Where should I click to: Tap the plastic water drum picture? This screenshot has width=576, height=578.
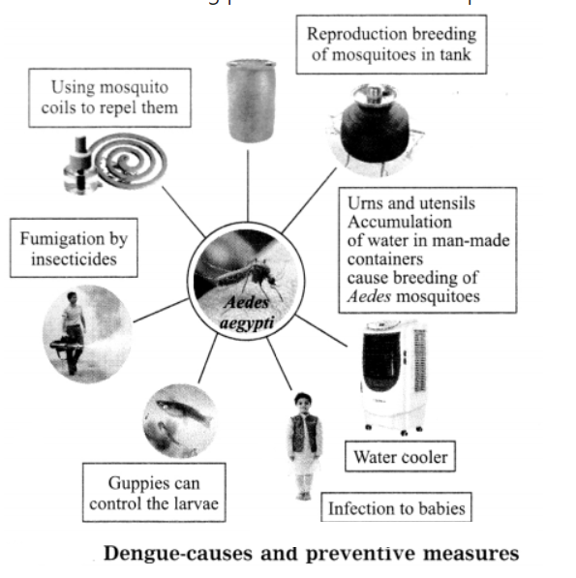click(251, 101)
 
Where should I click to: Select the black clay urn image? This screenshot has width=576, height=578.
click(376, 130)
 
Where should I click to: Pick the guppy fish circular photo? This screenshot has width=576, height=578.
click(180, 421)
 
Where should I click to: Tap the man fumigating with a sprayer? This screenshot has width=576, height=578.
click(73, 332)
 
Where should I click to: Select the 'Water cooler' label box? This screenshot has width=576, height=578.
click(400, 456)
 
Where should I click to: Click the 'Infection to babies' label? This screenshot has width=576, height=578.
click(396, 507)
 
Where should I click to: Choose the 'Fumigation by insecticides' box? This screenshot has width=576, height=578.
click(74, 248)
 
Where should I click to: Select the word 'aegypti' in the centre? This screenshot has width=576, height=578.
click(247, 323)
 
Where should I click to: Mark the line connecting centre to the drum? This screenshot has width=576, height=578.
click(248, 186)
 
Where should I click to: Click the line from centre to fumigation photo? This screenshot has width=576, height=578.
click(161, 311)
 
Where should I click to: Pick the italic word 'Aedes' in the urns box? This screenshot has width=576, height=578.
click(369, 296)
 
